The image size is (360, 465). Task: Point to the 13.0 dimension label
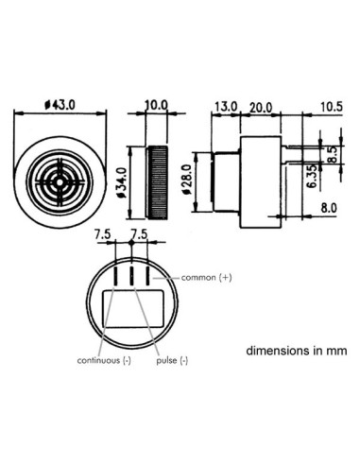[225, 107]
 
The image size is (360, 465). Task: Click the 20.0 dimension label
[261, 107]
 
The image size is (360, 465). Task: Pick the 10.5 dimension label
[331, 107]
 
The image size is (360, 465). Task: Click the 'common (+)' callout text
[206, 277]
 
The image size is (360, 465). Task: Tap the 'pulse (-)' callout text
[171, 360]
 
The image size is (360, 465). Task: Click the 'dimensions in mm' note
[297, 350]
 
